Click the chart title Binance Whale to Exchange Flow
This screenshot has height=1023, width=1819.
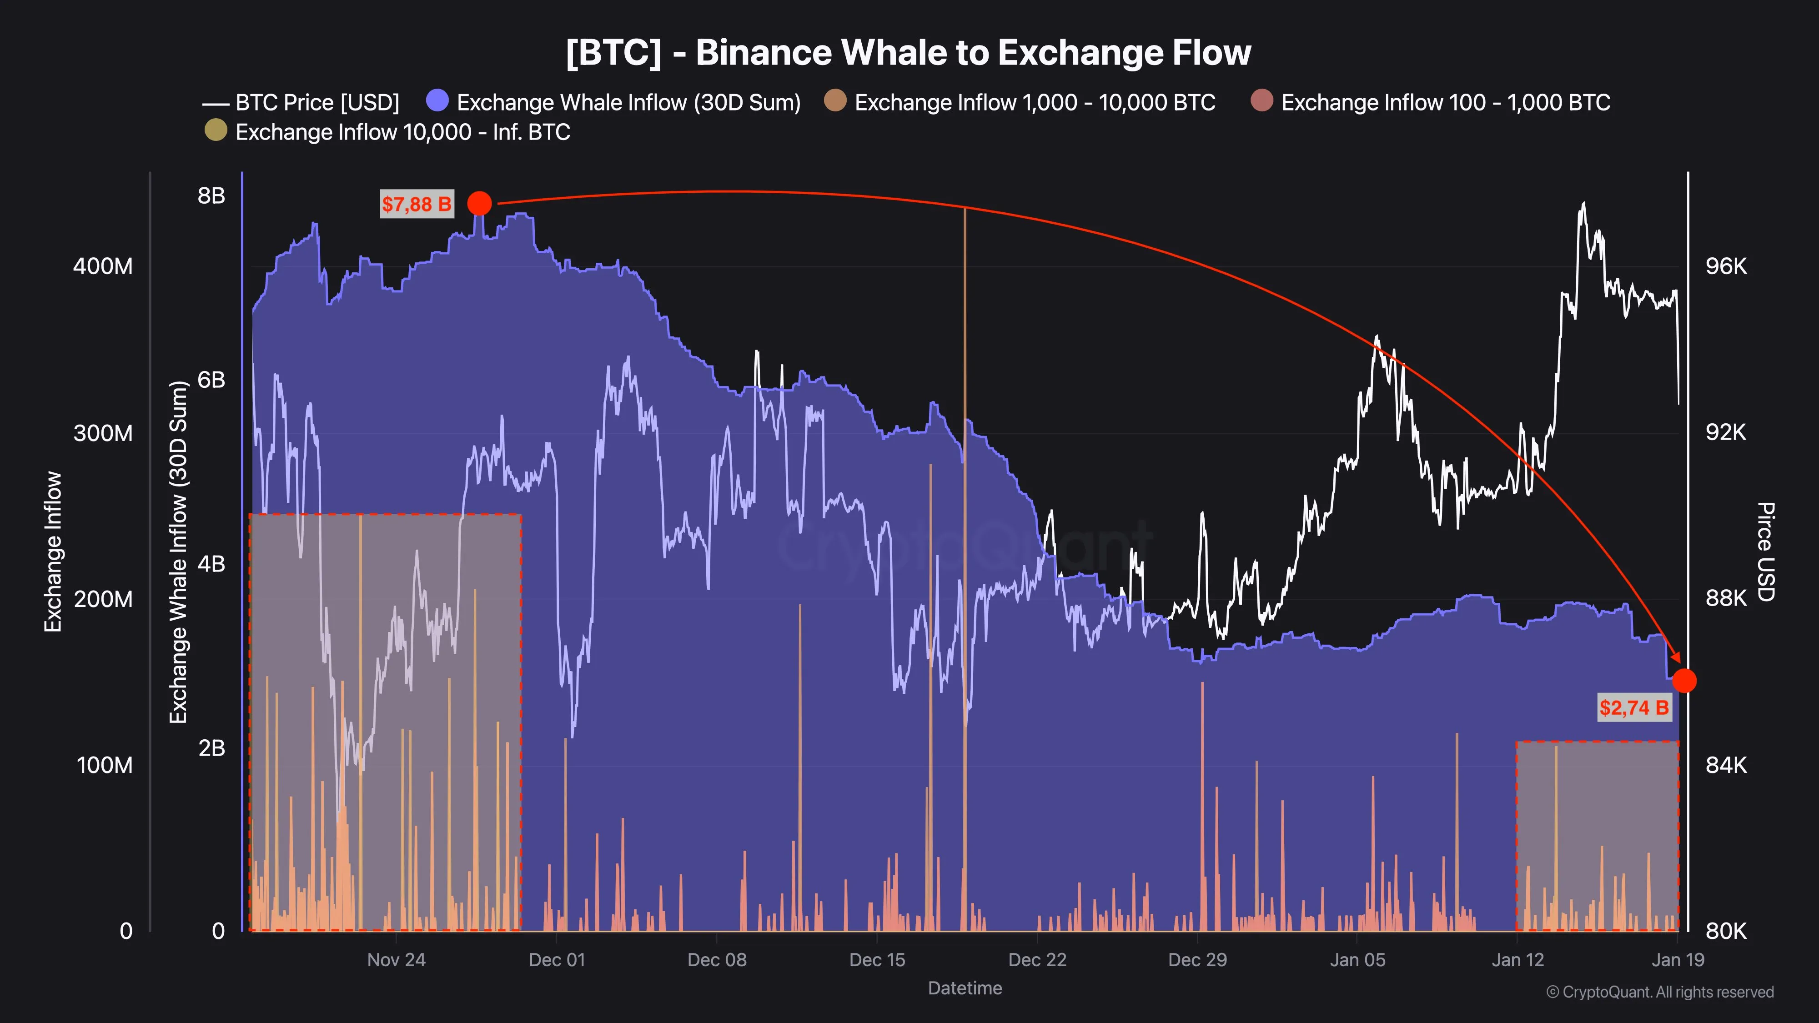tap(908, 52)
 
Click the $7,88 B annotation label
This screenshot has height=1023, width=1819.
tap(417, 204)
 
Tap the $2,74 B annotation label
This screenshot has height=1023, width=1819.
tap(1634, 707)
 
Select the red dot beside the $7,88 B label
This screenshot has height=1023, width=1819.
tap(479, 203)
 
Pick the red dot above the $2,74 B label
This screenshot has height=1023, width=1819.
tap(1684, 681)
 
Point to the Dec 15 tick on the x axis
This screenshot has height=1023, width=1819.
tap(877, 959)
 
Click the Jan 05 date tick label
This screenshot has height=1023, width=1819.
tap(1357, 959)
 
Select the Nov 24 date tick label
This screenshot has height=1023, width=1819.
tap(396, 959)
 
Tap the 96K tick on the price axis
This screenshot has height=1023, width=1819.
tap(1726, 266)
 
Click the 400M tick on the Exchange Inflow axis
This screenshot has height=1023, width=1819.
tap(103, 266)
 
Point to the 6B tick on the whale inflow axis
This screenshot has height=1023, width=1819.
tap(211, 380)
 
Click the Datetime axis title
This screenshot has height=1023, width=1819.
tap(965, 988)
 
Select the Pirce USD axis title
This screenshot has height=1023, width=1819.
tap(1765, 552)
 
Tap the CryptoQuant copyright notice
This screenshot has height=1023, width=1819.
tap(1659, 992)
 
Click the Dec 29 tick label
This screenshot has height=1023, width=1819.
tap(1198, 959)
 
